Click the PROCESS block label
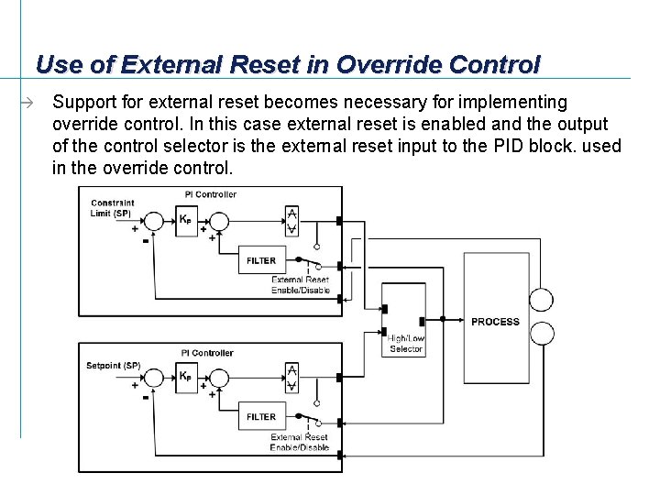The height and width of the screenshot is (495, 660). pos(495,322)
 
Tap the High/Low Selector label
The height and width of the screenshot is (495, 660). pos(405,344)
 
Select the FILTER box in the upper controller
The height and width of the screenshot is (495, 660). pos(261,260)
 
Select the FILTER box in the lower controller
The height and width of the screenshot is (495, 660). pos(261,417)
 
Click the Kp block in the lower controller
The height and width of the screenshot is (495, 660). pos(186,377)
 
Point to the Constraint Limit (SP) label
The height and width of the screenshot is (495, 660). pos(113,207)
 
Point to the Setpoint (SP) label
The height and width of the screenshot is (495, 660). pos(113,366)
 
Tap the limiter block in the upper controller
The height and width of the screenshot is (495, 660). pos(291,221)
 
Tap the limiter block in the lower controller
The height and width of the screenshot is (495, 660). pos(291,377)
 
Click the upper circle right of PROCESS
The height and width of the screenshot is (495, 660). pos(542,300)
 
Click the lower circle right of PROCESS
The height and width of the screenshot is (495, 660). pos(542,333)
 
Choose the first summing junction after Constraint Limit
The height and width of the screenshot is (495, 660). pos(155,221)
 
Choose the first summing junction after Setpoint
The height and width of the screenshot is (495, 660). pos(155,377)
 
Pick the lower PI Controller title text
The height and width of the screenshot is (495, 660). pos(208,353)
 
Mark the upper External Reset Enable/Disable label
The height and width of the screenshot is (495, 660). pos(300,285)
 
